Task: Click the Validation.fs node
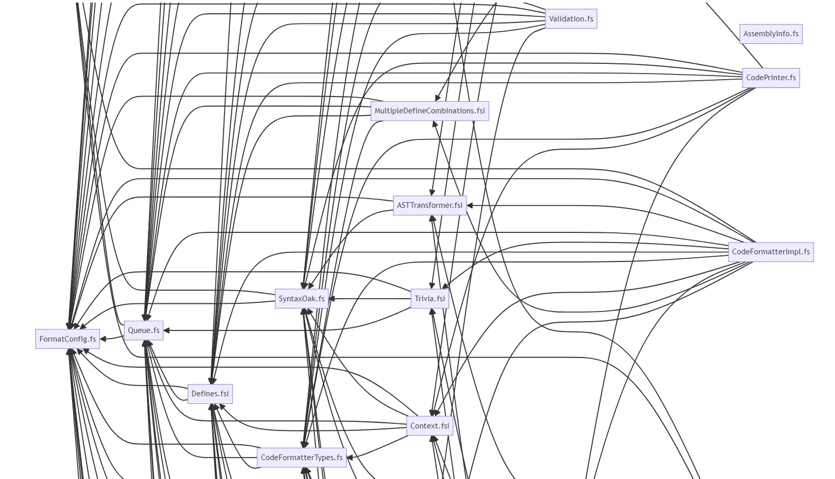(x=571, y=19)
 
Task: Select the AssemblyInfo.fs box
(x=771, y=34)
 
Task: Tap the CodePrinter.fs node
(x=771, y=78)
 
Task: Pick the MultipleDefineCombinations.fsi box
(x=429, y=111)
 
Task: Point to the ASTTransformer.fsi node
(x=429, y=205)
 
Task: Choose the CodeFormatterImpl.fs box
(x=771, y=252)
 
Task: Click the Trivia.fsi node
(x=429, y=299)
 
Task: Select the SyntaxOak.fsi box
(x=301, y=299)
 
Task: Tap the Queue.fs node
(x=143, y=330)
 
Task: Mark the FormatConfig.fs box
(x=67, y=339)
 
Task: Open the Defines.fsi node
(x=210, y=394)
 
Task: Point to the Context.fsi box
(x=429, y=426)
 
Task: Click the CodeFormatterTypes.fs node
(x=302, y=458)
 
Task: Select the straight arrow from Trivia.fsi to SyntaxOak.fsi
(x=370, y=299)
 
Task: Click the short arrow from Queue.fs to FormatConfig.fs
(x=112, y=338)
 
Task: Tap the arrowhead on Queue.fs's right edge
(x=166, y=330)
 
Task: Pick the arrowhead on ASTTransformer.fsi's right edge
(x=470, y=205)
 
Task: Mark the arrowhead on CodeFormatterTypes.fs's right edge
(x=350, y=458)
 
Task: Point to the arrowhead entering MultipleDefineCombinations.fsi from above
(x=437, y=98)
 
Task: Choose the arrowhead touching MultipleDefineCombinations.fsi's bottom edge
(x=435, y=124)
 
